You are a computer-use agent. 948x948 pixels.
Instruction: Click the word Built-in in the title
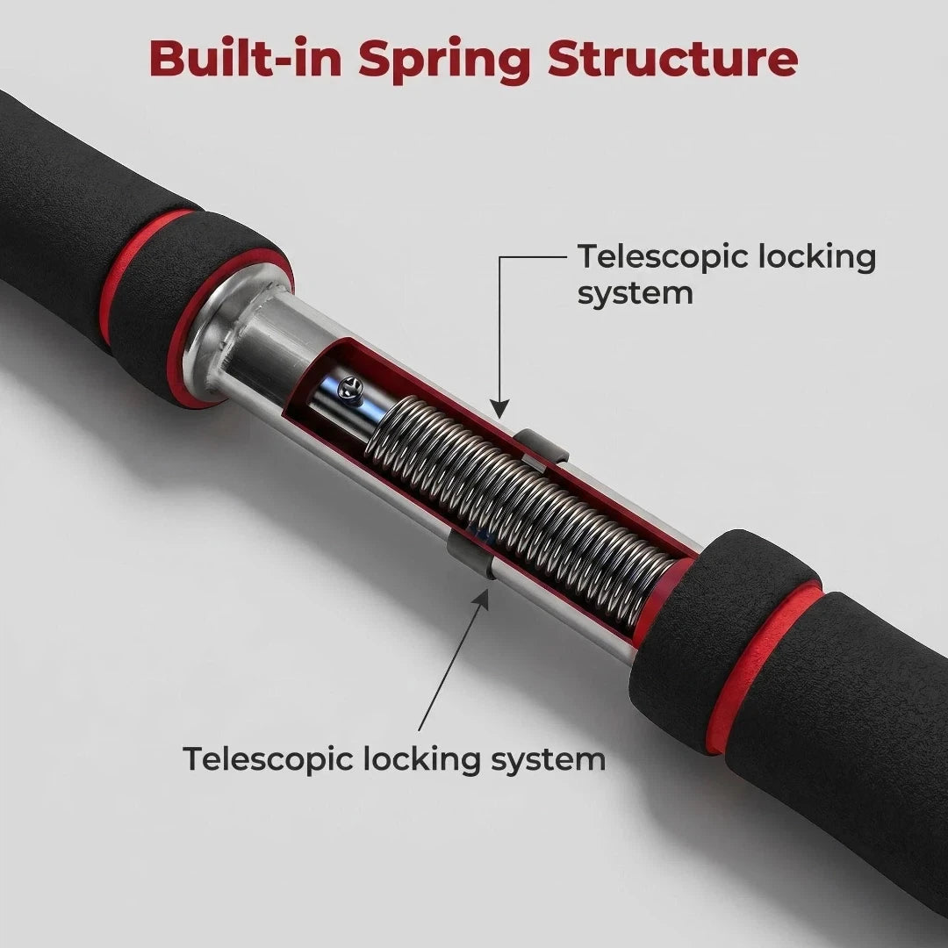246,58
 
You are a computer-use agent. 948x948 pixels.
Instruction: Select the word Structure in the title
673,58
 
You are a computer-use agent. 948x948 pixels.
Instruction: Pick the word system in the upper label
635,294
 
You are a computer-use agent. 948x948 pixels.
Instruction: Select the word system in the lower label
548,760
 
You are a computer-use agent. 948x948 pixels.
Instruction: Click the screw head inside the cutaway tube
349,384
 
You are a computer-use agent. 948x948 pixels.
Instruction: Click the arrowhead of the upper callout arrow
499,409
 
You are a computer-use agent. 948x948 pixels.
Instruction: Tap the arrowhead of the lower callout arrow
481,600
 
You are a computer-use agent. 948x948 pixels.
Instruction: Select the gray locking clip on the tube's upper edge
542,448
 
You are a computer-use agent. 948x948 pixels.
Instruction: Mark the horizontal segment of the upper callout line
533,257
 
